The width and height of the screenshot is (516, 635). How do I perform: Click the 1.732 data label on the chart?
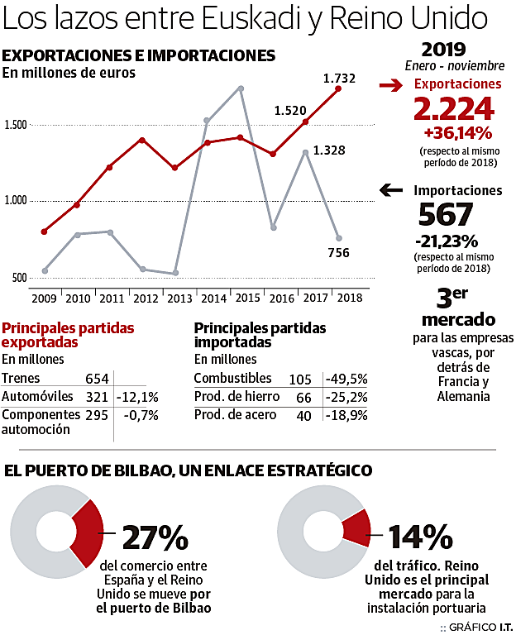tap(339, 79)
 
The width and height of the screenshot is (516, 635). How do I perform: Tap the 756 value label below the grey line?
tap(338, 253)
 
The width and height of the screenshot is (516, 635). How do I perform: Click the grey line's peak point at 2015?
tap(240, 88)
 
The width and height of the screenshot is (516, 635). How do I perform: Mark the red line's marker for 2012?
tap(142, 140)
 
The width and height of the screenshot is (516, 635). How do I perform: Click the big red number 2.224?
tap(453, 108)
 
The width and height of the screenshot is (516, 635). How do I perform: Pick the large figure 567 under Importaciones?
tap(446, 215)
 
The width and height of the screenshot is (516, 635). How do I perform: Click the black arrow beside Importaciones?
tap(393, 191)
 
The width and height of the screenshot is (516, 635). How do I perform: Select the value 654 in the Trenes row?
tap(97, 379)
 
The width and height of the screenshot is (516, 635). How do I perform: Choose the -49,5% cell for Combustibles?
tap(346, 379)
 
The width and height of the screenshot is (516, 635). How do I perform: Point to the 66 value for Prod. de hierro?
tap(303, 398)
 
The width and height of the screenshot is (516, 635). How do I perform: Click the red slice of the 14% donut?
tap(355, 528)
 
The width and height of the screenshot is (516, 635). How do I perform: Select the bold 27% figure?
tap(155, 538)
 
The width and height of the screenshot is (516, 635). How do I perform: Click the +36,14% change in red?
tap(457, 132)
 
